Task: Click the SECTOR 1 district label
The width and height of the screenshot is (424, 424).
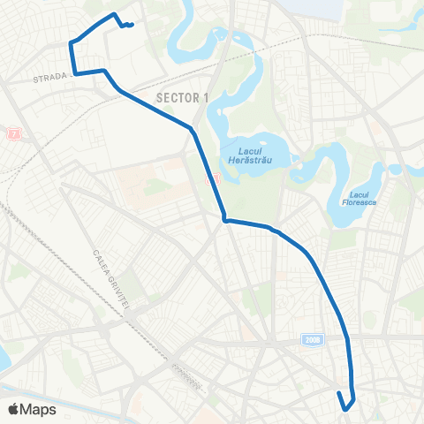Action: (x=181, y=97)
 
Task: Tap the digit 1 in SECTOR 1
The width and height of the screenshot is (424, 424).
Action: (x=206, y=97)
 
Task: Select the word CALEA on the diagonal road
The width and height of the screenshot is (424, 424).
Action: (x=97, y=259)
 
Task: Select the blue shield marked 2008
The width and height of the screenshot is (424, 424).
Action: (x=311, y=340)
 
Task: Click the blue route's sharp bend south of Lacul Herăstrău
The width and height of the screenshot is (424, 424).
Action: (x=225, y=220)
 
